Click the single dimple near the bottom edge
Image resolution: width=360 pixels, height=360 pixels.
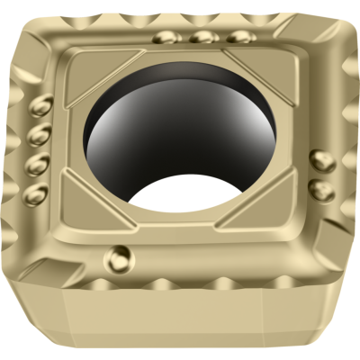119,256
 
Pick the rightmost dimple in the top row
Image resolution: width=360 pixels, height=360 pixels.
238,37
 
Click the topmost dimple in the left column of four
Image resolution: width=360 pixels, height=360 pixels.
40,108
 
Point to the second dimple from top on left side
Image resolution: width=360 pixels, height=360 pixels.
37,138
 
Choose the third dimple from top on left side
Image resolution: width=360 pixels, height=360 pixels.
37,166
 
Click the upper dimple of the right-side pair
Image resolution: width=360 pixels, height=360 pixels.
322,161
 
